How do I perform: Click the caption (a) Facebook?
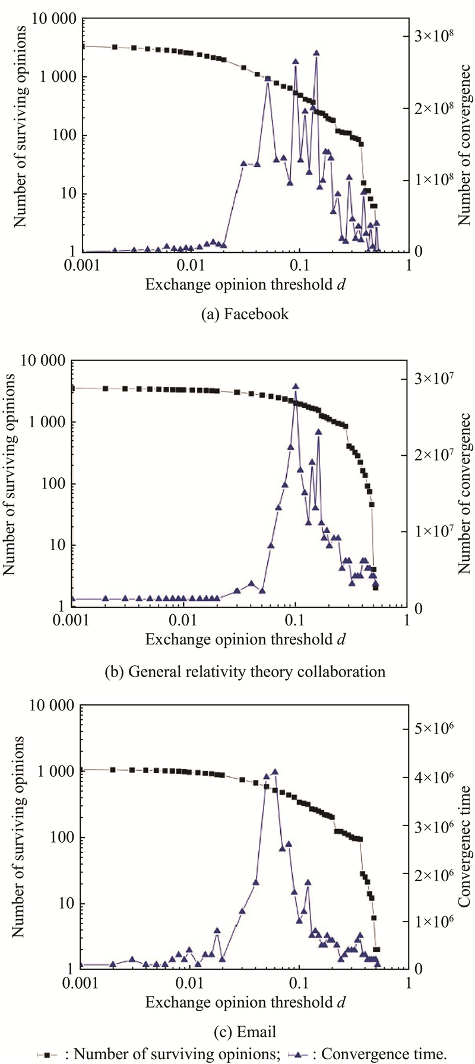[245, 314]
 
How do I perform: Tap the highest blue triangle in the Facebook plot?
[316, 53]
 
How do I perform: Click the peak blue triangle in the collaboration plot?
[296, 386]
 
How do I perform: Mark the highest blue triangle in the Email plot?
[274, 771]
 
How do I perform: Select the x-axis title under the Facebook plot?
[246, 284]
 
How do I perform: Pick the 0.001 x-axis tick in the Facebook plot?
[83, 266]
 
